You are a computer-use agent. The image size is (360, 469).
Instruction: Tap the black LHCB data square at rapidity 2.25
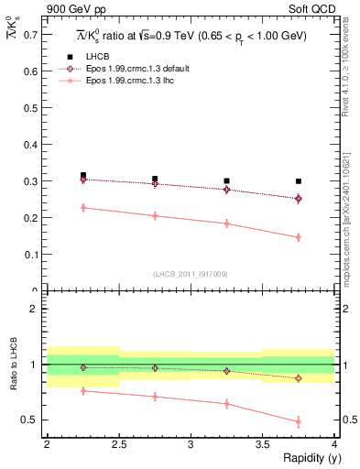click(82, 175)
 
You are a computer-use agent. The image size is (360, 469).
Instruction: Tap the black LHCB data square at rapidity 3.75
click(299, 181)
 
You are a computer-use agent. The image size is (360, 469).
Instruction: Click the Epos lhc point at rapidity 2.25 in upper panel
click(82, 208)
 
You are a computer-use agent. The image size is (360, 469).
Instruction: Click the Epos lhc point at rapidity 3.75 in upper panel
click(299, 237)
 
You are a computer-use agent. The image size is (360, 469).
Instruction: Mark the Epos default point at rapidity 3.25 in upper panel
click(226, 190)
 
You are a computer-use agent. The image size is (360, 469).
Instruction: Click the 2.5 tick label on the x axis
click(118, 443)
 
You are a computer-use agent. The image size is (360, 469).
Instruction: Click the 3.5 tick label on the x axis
click(262, 443)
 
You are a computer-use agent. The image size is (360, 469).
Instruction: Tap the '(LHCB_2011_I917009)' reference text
click(191, 274)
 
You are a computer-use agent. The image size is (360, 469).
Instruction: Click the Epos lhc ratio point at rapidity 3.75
click(299, 422)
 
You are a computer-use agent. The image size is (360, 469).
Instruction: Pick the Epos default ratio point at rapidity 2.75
click(155, 368)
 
